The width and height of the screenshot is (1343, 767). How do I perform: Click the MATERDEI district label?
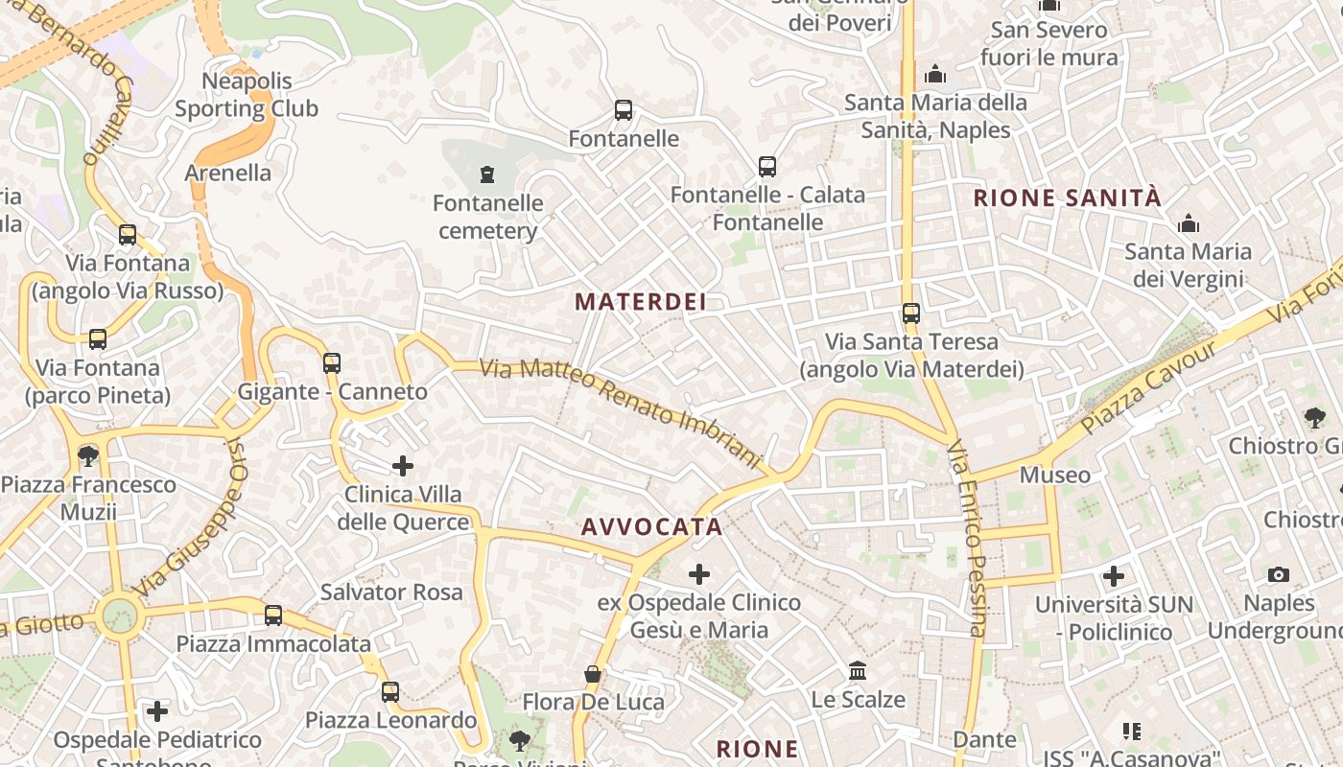point(640,302)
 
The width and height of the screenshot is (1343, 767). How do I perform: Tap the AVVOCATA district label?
point(651,527)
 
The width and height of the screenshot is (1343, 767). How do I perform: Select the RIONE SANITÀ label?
point(1067,198)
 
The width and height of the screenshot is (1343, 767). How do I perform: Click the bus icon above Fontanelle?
point(624,110)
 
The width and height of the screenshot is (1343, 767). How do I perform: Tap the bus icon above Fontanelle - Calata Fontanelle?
point(767,167)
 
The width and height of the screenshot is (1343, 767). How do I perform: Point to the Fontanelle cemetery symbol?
point(488,174)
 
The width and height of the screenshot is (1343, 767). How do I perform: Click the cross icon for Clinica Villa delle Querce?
point(403,467)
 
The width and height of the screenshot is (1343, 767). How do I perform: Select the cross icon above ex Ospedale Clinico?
point(699,574)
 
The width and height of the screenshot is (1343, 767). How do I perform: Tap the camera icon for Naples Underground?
point(1279,574)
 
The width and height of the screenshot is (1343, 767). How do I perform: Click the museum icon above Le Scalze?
point(858,670)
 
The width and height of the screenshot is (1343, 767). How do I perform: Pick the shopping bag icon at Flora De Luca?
point(593,674)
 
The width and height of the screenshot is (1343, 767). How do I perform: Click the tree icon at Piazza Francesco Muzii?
point(88,454)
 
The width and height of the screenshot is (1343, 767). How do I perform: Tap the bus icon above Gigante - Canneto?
point(332,363)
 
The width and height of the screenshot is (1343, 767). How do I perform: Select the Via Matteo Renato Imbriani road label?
point(622,411)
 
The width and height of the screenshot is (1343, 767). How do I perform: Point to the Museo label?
point(1054,475)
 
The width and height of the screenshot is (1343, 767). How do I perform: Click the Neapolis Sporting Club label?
point(247,95)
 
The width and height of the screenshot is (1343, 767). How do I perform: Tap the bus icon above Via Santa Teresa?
point(911,314)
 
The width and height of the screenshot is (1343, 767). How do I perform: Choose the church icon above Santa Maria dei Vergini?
point(1189,223)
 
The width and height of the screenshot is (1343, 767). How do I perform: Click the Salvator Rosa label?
point(391,593)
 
